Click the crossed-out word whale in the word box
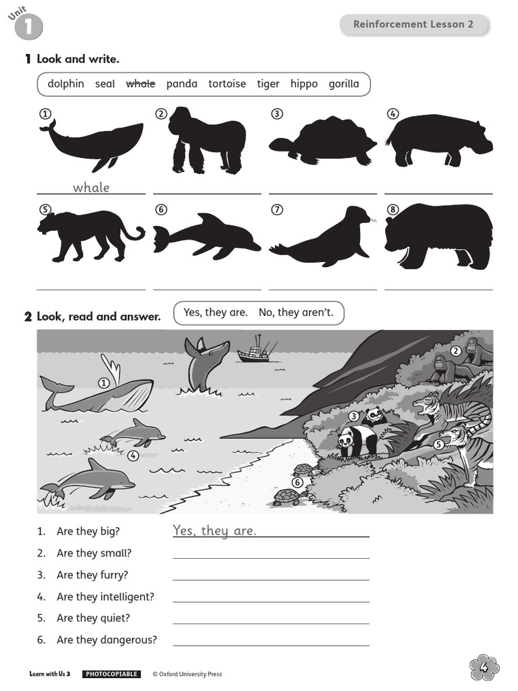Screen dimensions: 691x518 (140, 84)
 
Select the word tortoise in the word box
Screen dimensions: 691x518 (227, 84)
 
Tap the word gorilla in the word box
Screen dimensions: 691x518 (344, 84)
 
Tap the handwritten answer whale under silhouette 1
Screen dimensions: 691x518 (91, 188)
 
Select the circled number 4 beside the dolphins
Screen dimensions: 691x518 (133, 455)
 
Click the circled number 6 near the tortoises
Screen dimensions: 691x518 (297, 482)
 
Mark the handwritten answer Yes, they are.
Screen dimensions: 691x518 (214, 531)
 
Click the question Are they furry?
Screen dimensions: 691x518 (92, 575)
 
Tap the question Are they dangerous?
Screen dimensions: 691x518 (106, 640)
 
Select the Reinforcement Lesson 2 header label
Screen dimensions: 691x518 (413, 24)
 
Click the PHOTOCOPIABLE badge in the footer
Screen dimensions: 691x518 (111, 674)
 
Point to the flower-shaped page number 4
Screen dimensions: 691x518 (484, 667)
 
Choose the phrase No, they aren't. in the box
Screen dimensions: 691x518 (296, 312)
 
